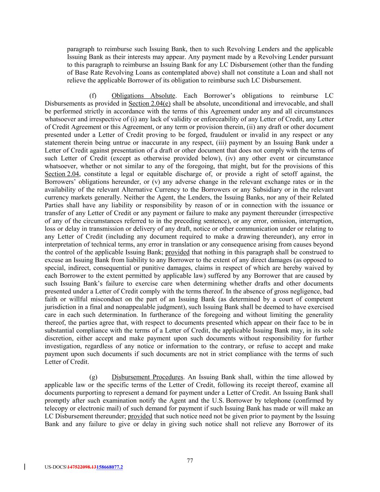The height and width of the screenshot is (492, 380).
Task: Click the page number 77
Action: tap(190, 460)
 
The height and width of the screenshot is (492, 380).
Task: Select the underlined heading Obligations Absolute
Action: tap(143, 96)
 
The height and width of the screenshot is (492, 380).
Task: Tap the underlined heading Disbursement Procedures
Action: tap(147, 377)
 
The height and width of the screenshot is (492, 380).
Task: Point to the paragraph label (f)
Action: tap(93, 96)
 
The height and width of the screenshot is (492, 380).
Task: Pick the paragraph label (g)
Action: tap(93, 377)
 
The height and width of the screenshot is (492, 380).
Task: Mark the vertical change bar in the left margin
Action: tap(24, 467)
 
